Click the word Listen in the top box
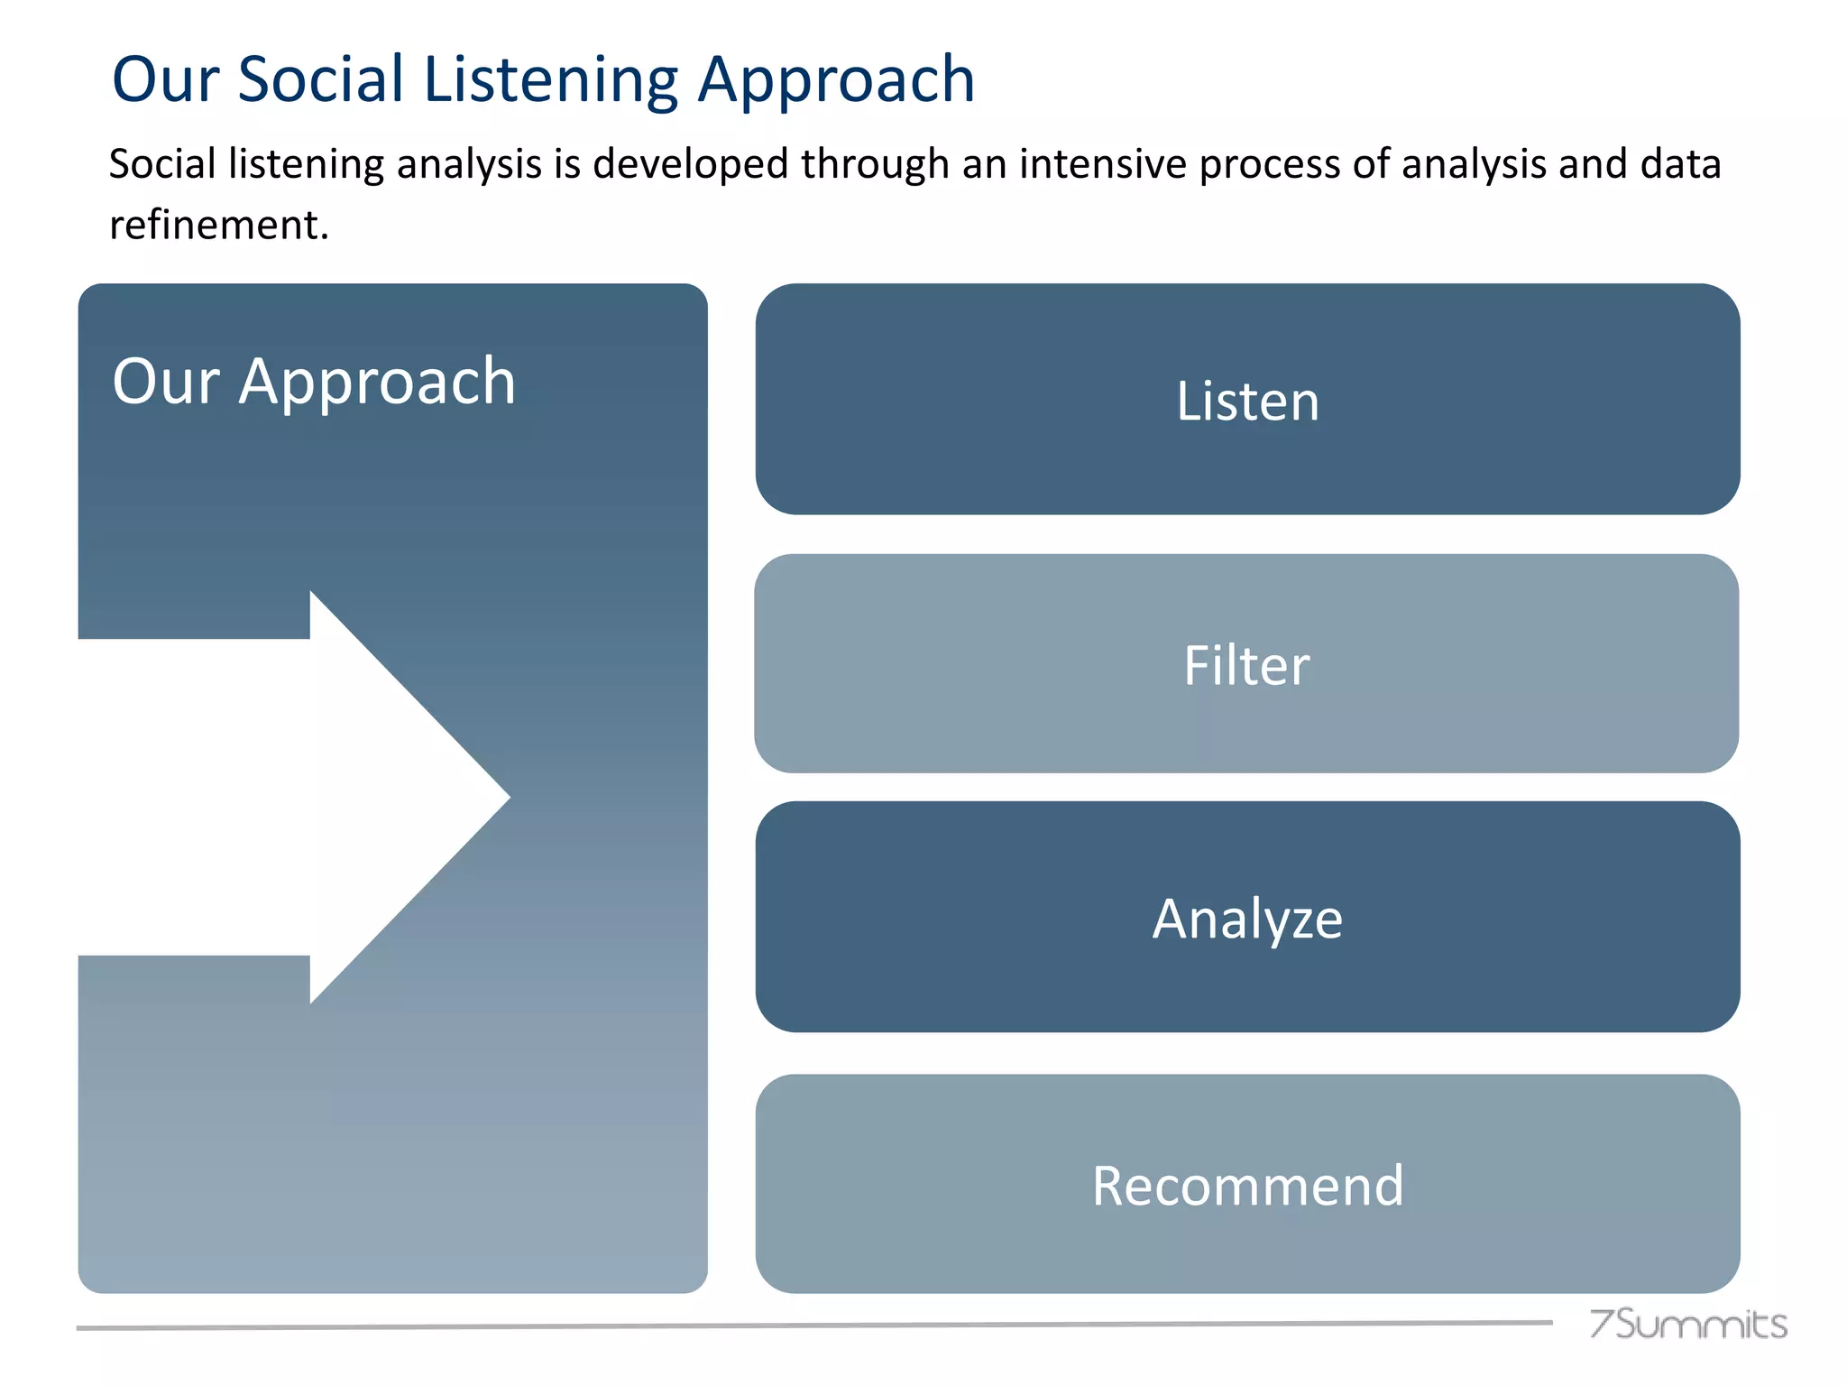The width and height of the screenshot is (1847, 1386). click(x=1247, y=402)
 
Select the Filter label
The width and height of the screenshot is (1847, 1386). click(x=1246, y=666)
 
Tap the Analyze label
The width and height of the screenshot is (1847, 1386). click(x=1247, y=919)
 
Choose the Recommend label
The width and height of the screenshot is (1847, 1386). click(x=1247, y=1186)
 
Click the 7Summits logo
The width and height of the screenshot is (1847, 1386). click(x=1687, y=1324)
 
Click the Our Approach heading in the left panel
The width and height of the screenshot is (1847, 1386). click(x=314, y=382)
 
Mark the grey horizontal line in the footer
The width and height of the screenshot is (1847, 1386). click(x=812, y=1326)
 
